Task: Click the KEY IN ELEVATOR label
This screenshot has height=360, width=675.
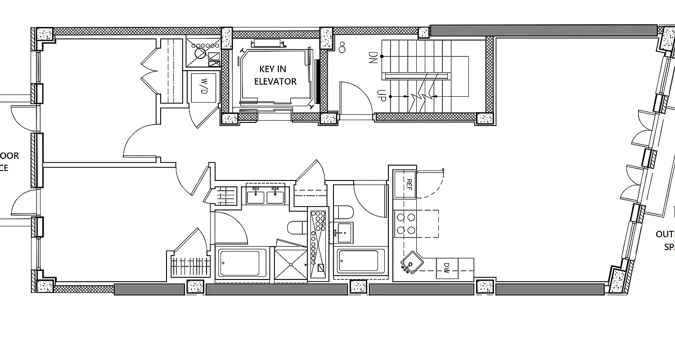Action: pos(275,75)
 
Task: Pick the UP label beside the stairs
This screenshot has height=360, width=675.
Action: pos(380,96)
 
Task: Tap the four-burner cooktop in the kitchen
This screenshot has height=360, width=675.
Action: pos(405,224)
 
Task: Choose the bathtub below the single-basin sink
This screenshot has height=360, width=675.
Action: pos(358,261)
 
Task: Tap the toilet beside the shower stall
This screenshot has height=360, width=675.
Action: pos(296,229)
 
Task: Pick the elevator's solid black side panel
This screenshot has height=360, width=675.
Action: pos(318,81)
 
